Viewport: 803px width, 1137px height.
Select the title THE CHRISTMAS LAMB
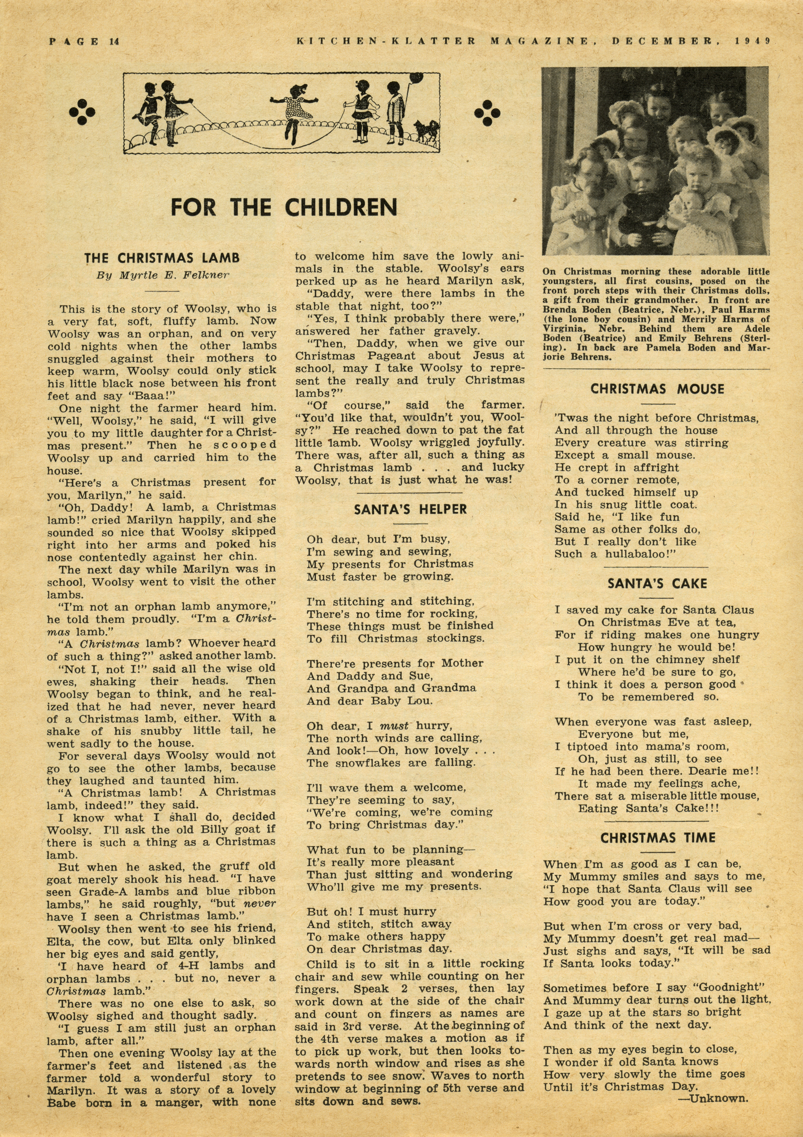[162, 258]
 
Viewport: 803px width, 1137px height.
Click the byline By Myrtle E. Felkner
[162, 276]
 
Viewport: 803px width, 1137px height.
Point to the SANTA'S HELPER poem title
[410, 510]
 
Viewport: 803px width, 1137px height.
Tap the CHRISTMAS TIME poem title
[658, 838]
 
